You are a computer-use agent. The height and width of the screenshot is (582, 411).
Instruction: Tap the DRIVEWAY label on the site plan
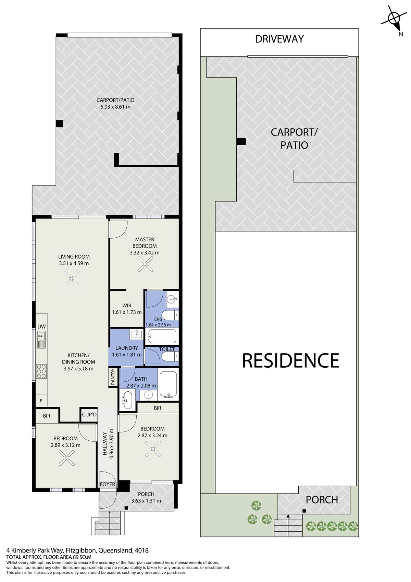coord(279,39)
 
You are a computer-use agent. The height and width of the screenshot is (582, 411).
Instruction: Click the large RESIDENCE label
coord(290,360)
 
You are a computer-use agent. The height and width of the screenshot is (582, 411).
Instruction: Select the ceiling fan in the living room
coord(71,278)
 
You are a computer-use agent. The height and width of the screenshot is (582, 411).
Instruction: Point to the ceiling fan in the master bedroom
coord(145,264)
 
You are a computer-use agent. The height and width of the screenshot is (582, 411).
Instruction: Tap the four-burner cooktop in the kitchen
coord(41,371)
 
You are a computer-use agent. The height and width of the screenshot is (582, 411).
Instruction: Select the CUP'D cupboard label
coord(89,415)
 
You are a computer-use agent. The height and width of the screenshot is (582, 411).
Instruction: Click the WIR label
coord(127,306)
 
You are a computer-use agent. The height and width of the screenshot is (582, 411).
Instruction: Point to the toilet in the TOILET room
coord(170,356)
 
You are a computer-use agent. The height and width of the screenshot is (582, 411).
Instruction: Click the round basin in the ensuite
coord(171,300)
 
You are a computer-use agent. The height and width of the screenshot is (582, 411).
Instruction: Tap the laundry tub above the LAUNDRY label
coord(136,334)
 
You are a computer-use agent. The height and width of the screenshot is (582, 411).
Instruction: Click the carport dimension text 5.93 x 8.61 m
coord(115,107)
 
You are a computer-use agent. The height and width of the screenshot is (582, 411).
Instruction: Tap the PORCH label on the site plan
coord(322,500)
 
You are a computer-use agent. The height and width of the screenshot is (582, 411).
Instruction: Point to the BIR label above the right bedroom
coord(158,408)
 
